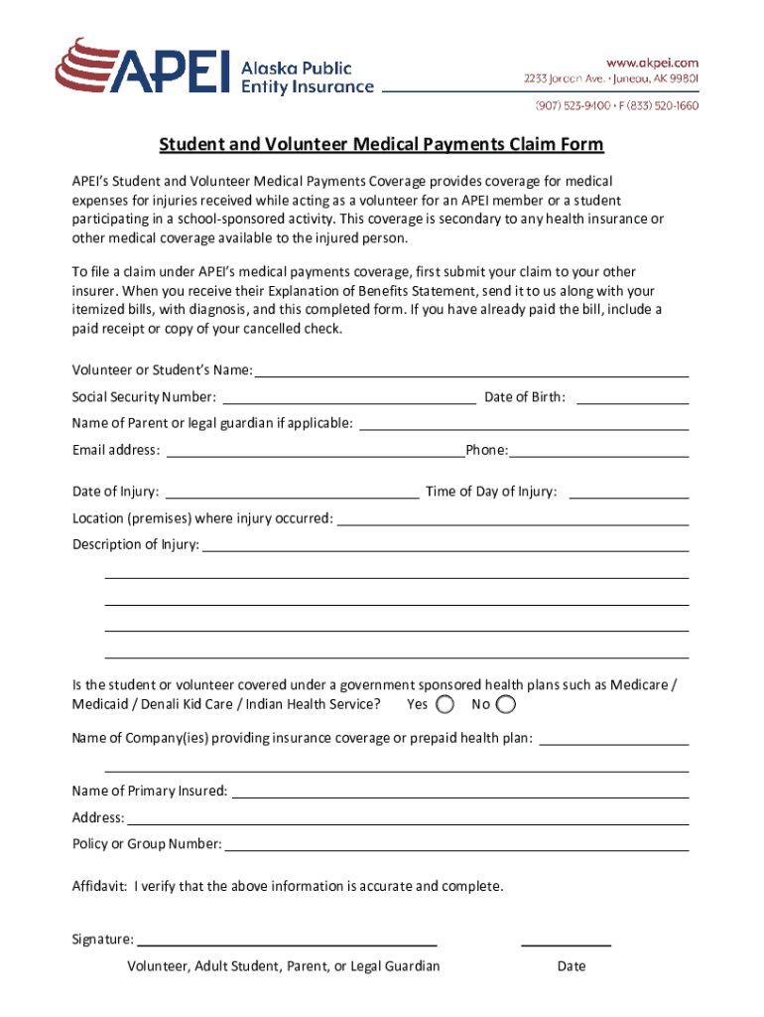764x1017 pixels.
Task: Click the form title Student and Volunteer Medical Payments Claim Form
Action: [x=381, y=145]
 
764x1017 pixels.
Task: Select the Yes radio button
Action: [x=446, y=704]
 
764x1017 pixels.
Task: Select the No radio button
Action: [x=505, y=704]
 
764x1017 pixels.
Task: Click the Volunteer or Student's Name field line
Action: [x=471, y=372]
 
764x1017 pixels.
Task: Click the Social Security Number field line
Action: [x=349, y=399]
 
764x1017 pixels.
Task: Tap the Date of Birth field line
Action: [x=632, y=399]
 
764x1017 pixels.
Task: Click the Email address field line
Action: [x=316, y=452]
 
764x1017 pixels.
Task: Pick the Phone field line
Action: [x=598, y=452]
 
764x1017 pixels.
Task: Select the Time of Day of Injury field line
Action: [x=629, y=493]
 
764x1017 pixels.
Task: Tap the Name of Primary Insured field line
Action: [x=459, y=793]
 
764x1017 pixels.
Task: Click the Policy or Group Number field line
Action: [x=455, y=845]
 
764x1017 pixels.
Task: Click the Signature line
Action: [x=287, y=941]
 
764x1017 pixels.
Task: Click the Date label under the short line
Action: [x=572, y=966]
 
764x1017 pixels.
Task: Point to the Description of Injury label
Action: [x=135, y=544]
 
